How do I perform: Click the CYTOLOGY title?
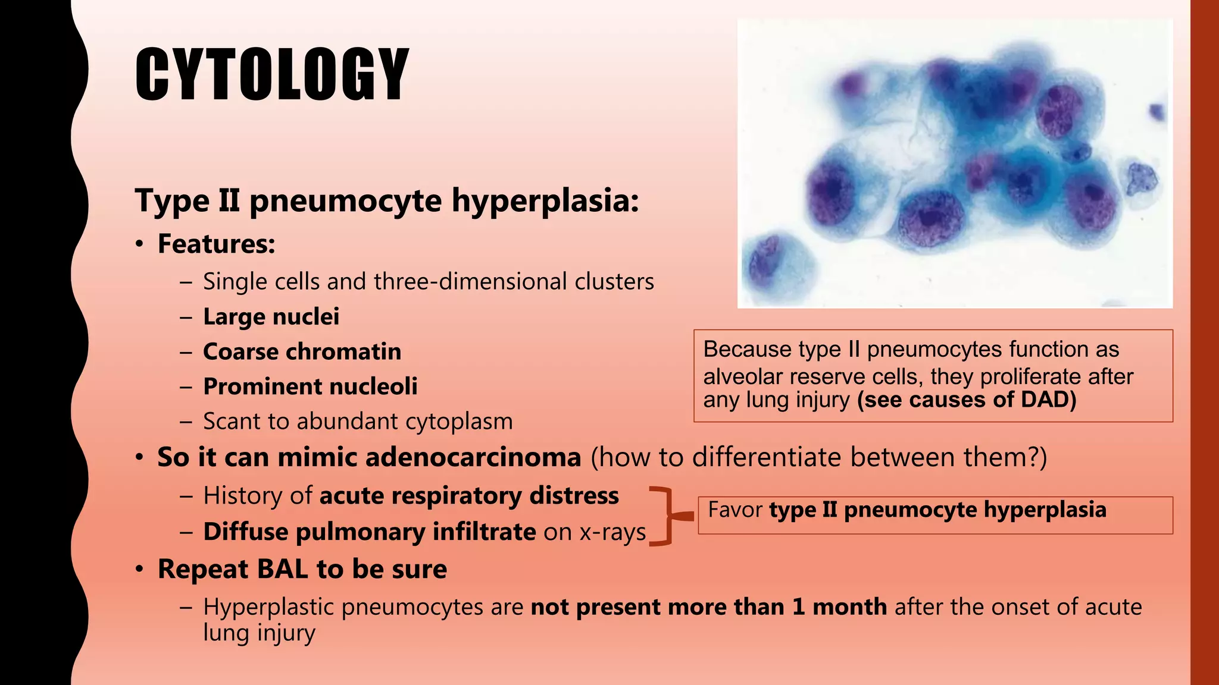click(271, 74)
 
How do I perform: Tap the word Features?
click(215, 244)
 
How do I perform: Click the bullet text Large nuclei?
click(271, 316)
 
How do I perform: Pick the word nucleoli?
click(373, 387)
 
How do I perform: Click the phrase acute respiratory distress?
click(469, 495)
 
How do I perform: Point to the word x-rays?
click(612, 532)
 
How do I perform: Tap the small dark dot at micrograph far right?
click(1157, 111)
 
